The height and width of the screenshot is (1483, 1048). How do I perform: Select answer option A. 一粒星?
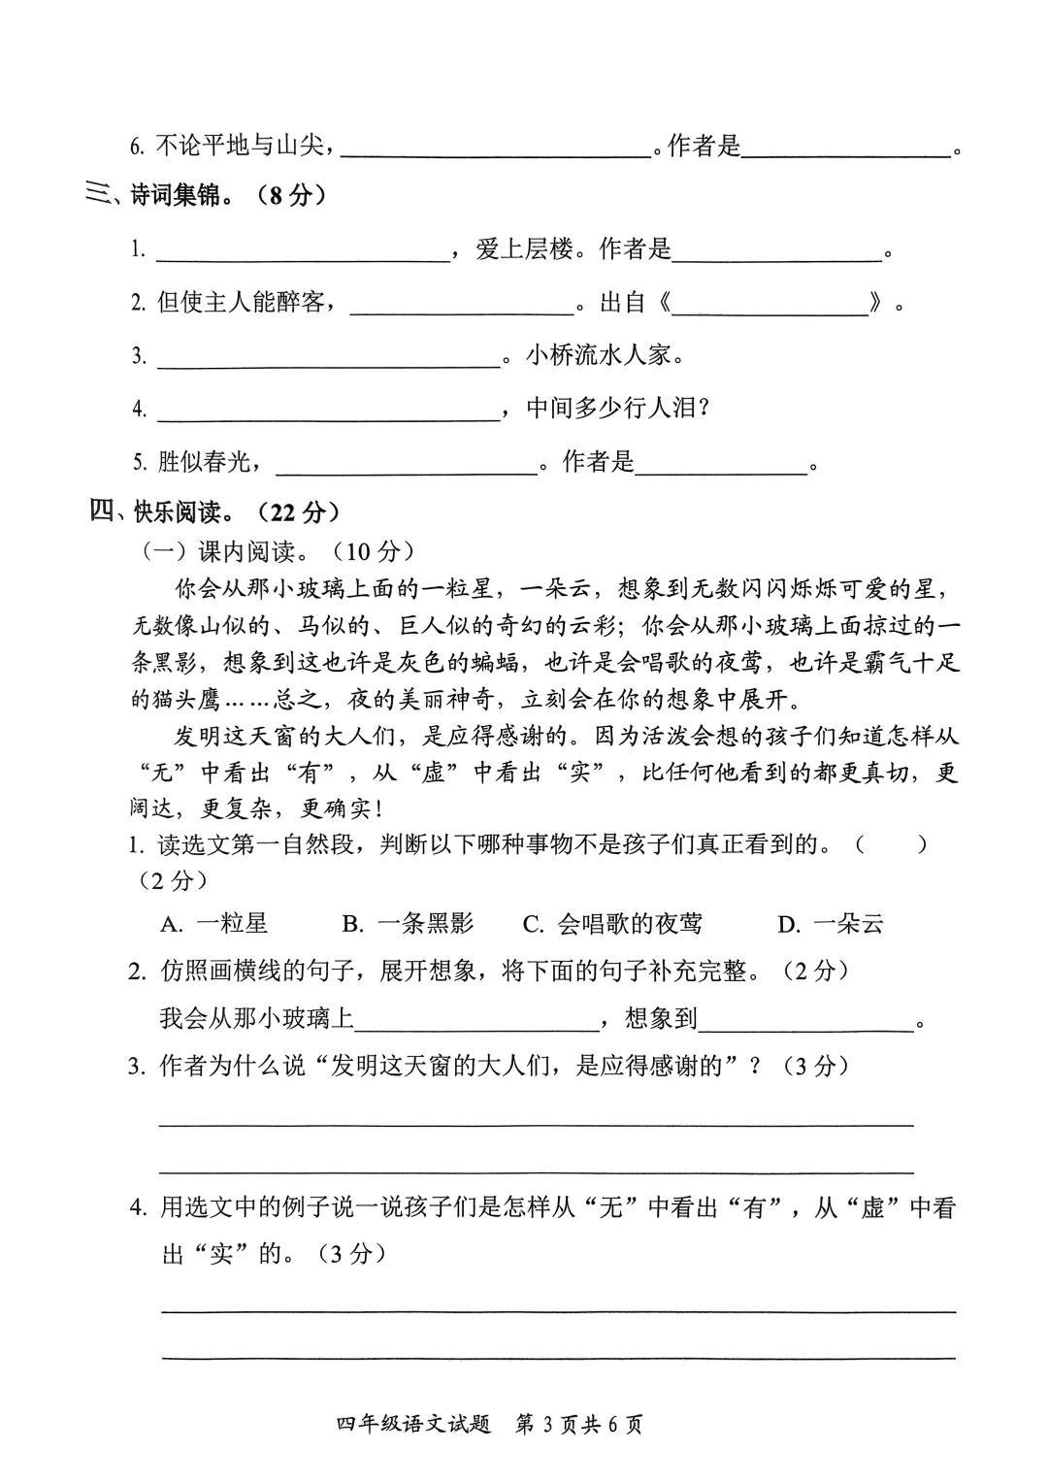[214, 923]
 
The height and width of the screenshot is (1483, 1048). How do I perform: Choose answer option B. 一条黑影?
[409, 923]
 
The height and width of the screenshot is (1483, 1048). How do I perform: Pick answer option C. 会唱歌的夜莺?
[612, 923]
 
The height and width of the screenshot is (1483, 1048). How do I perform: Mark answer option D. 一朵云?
[831, 923]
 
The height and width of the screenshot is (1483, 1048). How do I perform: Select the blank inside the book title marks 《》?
[770, 305]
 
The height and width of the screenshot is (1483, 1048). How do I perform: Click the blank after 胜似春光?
[407, 465]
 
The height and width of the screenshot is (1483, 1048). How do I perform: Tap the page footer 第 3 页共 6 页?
[579, 1425]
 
